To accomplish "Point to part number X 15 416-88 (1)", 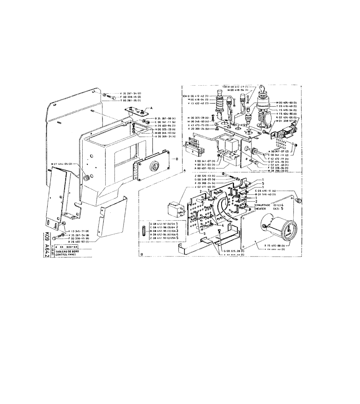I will click(x=277, y=246).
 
